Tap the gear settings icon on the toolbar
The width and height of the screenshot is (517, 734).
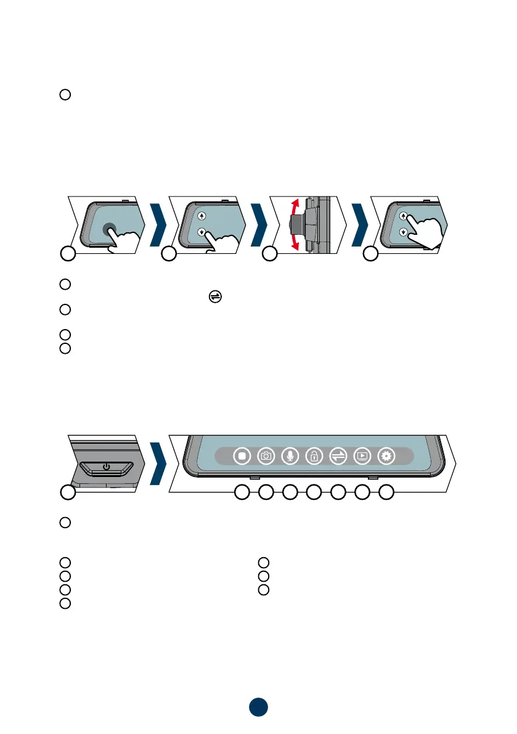point(386,457)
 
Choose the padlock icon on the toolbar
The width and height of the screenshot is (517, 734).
point(314,457)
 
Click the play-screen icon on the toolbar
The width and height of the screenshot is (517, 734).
point(362,457)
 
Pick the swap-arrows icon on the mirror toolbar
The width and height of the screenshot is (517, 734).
point(338,457)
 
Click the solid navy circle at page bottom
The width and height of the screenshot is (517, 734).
point(259,707)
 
